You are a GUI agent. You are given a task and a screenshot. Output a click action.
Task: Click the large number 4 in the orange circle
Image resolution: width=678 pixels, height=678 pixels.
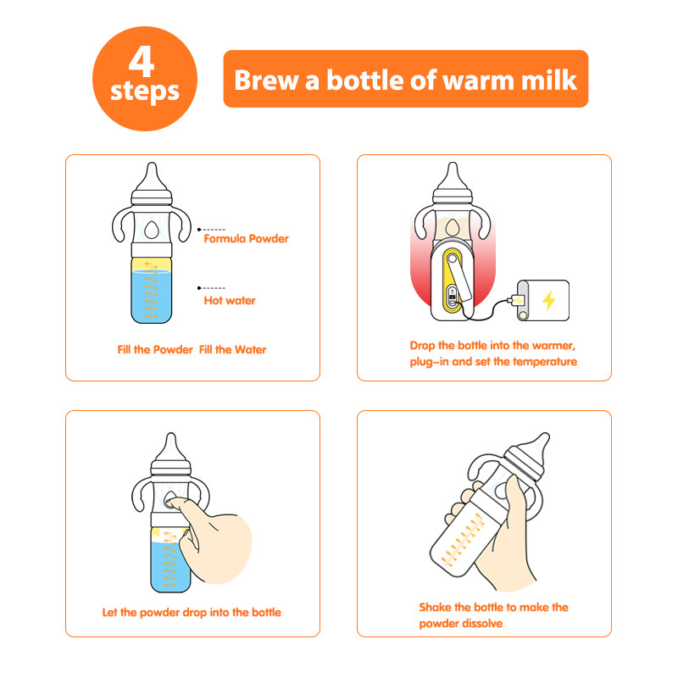pos(142,61)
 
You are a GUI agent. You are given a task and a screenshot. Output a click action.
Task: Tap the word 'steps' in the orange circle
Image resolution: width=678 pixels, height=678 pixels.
pos(145,92)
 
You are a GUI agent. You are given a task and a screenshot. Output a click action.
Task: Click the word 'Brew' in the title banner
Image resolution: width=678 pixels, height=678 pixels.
pos(266,80)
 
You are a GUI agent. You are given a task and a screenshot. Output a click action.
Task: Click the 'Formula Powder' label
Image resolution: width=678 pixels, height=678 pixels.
pos(246,239)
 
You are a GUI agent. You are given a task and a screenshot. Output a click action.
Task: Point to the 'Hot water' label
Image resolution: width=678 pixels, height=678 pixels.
pos(230,301)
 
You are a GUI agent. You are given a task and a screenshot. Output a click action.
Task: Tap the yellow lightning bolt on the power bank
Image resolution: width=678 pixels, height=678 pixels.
pos(548,300)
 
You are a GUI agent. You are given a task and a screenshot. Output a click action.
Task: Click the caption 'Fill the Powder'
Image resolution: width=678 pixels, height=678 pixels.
pos(155,349)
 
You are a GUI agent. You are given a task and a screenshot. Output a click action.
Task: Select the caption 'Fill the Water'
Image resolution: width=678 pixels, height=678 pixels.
pos(232,349)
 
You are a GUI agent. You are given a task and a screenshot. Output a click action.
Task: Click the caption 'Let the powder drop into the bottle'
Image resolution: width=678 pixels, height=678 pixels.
pos(192,613)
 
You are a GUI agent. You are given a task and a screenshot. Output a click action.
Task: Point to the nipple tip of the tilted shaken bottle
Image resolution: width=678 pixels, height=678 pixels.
pos(545,436)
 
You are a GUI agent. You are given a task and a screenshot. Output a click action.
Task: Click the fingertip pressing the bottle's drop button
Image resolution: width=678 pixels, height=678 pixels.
pos(171,503)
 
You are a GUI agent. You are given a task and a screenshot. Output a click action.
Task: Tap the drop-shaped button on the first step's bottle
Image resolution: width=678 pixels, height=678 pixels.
pos(152,230)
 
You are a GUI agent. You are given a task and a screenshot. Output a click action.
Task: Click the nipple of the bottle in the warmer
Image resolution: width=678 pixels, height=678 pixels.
pos(453,177)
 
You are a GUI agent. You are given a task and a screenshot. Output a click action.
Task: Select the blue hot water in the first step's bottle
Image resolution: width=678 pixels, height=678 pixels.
pos(152,297)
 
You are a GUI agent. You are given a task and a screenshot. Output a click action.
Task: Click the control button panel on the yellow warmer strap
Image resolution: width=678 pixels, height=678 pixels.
pos(453,296)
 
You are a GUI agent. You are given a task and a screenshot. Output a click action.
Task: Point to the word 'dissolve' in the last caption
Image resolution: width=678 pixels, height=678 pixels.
pos(483,624)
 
